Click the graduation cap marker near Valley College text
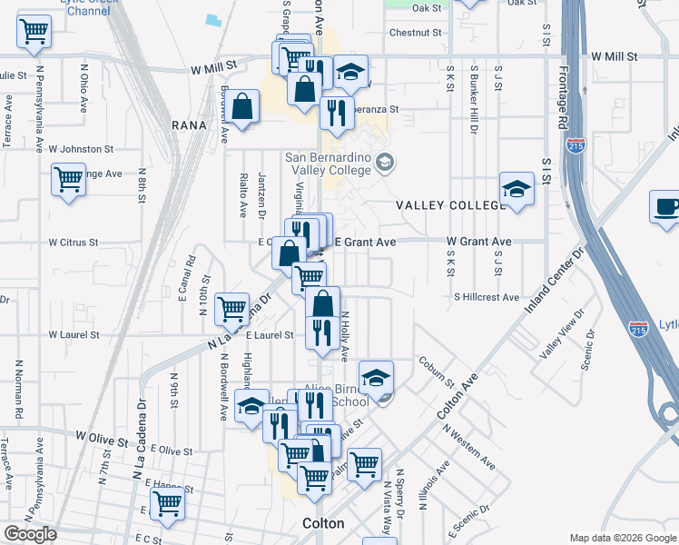tap(516, 190)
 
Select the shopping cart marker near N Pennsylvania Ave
tap(34, 32)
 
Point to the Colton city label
tap(323, 524)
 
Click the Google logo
tap(30, 534)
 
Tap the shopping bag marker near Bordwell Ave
tap(244, 107)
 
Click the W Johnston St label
tap(81, 148)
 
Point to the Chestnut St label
tap(415, 33)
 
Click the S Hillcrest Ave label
tap(487, 297)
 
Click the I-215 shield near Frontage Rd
tap(576, 144)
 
